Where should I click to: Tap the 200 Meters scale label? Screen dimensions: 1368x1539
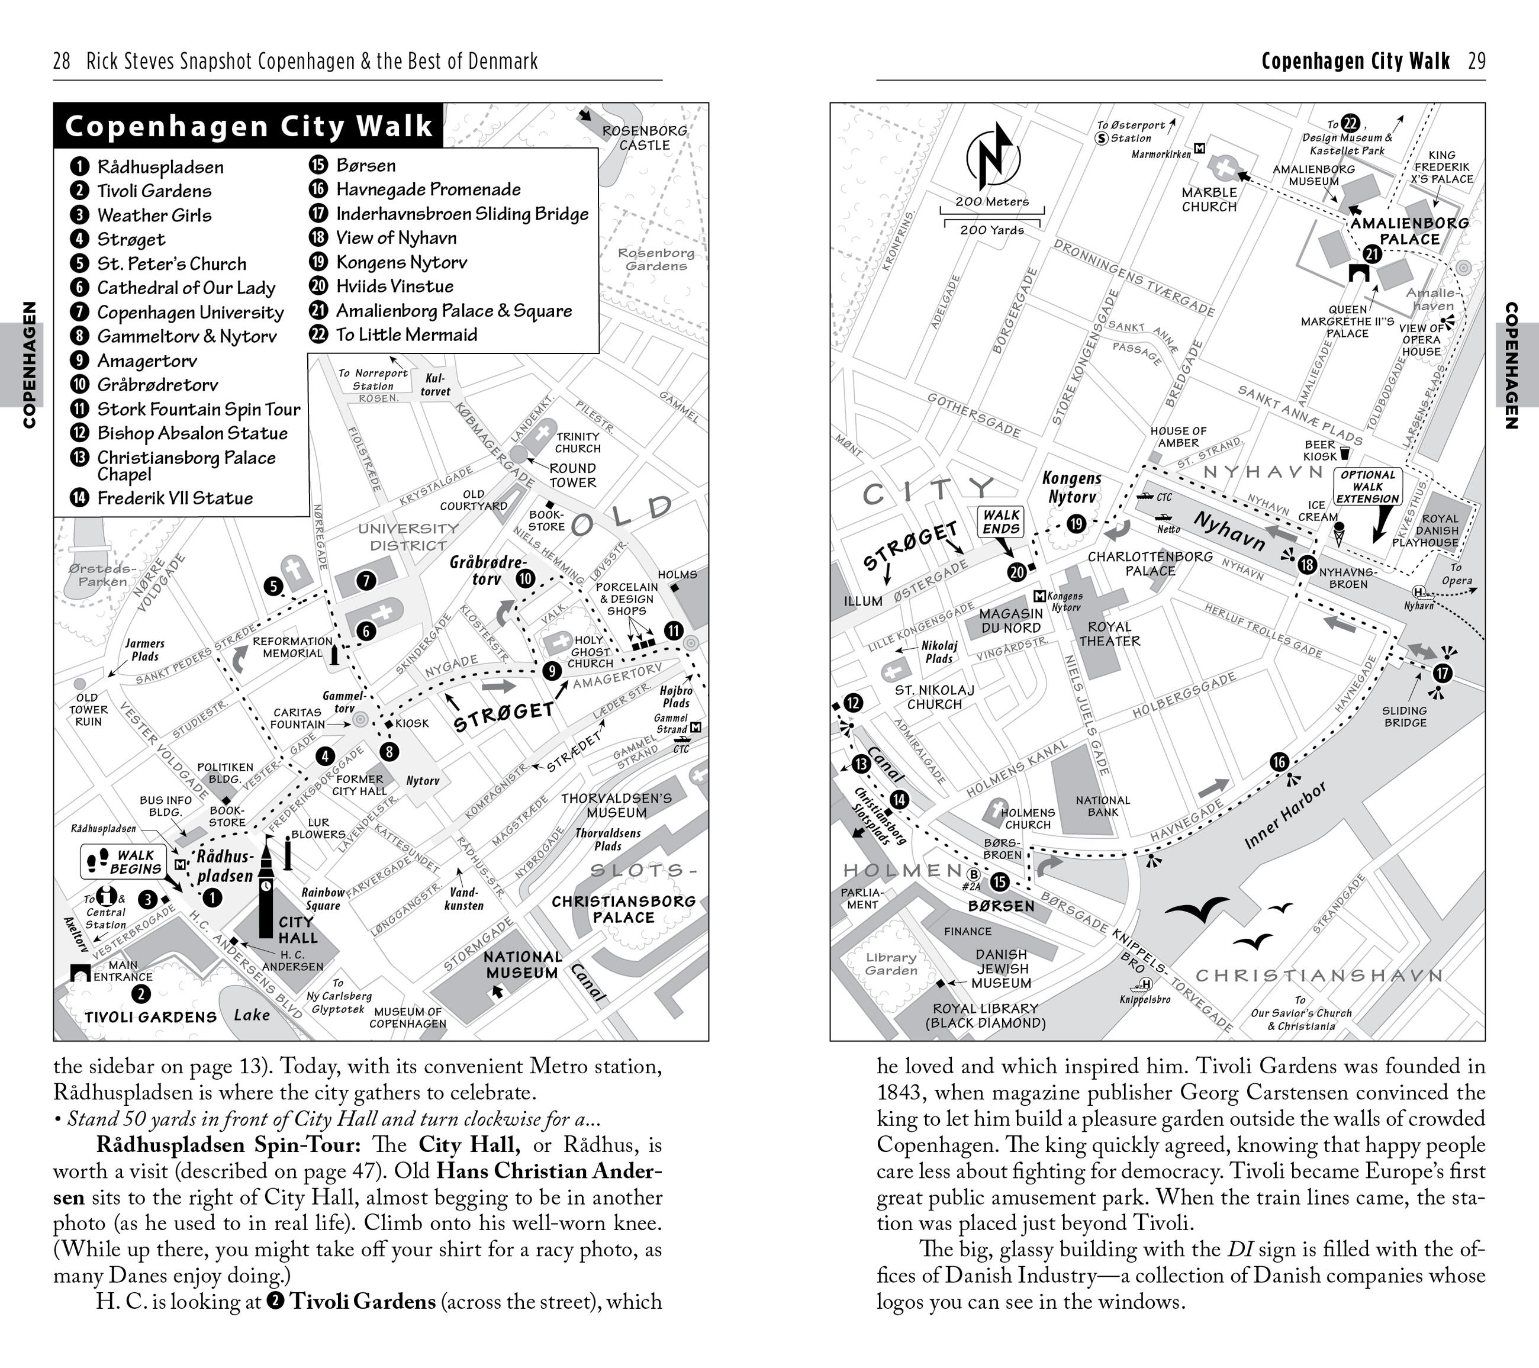[x=991, y=202]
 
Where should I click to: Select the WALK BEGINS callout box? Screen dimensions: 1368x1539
[x=121, y=861]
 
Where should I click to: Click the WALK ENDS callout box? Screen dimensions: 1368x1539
[x=1002, y=521]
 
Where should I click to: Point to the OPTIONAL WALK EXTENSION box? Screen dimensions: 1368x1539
[x=1367, y=487]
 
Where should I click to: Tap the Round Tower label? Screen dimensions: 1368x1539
[x=572, y=474]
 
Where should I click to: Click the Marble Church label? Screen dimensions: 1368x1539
[x=1209, y=199]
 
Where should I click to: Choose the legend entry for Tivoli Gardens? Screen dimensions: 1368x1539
[x=153, y=191]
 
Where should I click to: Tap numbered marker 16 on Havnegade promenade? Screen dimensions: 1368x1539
[x=1279, y=762]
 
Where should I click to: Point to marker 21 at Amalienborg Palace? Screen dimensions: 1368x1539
[x=1372, y=255]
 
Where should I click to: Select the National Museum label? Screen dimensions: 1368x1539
[x=523, y=964]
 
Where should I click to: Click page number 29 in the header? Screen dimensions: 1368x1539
[x=1476, y=61]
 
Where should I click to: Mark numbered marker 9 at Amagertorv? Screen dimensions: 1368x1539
[x=552, y=670]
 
